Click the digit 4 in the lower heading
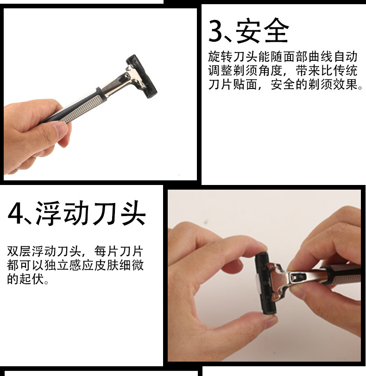(18, 214)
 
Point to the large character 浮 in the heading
(50, 214)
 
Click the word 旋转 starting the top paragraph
(220, 57)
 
